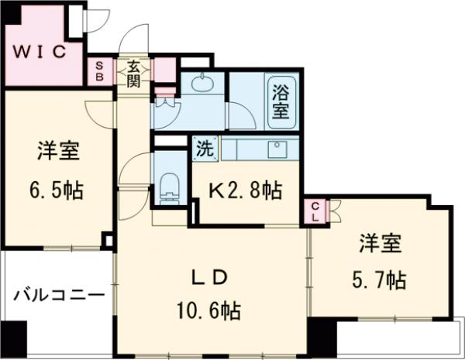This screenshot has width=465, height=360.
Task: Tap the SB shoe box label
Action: (x=99, y=71)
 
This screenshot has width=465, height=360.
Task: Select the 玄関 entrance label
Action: (x=133, y=72)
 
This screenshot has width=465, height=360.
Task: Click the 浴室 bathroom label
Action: (x=280, y=101)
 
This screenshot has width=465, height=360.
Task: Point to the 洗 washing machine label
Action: (x=203, y=148)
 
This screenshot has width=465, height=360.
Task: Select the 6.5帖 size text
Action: (x=58, y=189)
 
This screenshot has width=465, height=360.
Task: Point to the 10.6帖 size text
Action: (x=207, y=312)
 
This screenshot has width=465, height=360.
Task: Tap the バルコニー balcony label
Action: (x=59, y=296)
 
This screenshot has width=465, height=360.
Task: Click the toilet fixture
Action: (x=167, y=187)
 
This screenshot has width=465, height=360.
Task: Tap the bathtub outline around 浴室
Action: (x=280, y=99)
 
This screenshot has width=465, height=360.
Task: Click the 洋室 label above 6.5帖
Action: (x=58, y=152)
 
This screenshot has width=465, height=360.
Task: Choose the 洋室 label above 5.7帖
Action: (x=380, y=243)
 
